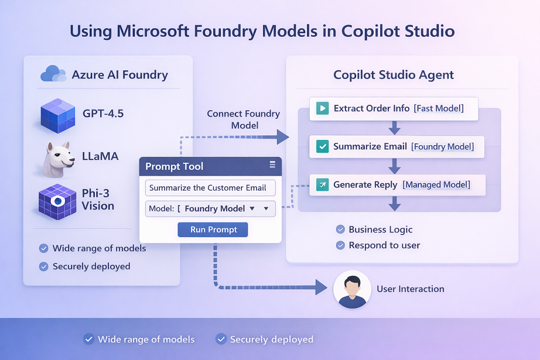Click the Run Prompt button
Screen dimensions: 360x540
coord(213,229)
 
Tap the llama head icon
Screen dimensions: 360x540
coord(57,157)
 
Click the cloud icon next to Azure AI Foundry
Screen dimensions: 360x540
coord(53,74)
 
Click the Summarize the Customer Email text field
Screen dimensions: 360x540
coord(210,188)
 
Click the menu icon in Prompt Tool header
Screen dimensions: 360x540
coord(272,165)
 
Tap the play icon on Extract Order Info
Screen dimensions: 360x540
coord(322,108)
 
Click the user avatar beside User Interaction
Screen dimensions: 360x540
coord(352,289)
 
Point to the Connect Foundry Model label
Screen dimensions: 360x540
coord(243,119)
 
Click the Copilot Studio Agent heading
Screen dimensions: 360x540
coord(394,75)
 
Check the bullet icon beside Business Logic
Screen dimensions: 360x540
coord(340,229)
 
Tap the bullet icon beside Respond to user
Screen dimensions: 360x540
coord(340,245)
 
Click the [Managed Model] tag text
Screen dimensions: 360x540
coord(436,185)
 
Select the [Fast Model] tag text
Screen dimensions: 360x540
coord(438,108)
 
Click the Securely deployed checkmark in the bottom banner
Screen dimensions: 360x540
coord(221,339)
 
